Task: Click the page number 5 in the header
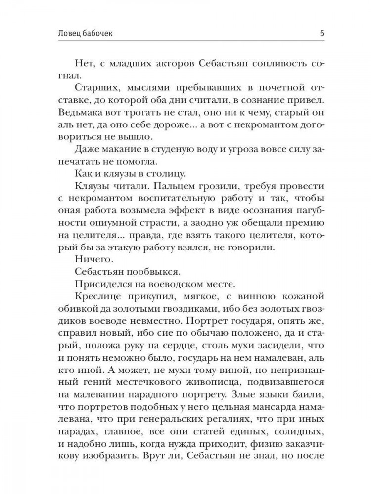[322, 34]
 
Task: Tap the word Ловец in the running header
[59, 34]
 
